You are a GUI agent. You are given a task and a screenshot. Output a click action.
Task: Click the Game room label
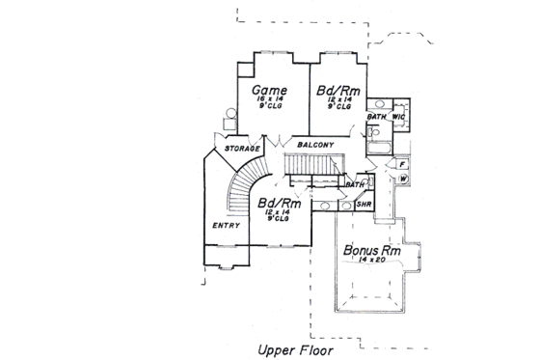(270, 92)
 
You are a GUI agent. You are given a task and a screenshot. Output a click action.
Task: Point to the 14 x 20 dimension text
(364, 263)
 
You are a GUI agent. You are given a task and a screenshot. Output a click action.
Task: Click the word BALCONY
(315, 145)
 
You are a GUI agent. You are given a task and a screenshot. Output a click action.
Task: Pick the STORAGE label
(242, 149)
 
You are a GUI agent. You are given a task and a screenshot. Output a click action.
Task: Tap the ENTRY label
(225, 225)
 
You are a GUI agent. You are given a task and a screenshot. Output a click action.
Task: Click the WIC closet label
(398, 117)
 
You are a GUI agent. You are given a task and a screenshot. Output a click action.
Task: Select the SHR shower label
(364, 205)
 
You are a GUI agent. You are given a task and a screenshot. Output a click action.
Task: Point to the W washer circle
(403, 180)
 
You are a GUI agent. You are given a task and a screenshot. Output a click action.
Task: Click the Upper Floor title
(294, 349)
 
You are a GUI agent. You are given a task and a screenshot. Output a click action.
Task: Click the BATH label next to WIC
(377, 117)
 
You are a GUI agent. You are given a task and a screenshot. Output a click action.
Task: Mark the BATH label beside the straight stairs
(355, 184)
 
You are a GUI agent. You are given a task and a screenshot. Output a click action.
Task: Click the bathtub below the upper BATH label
(377, 148)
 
